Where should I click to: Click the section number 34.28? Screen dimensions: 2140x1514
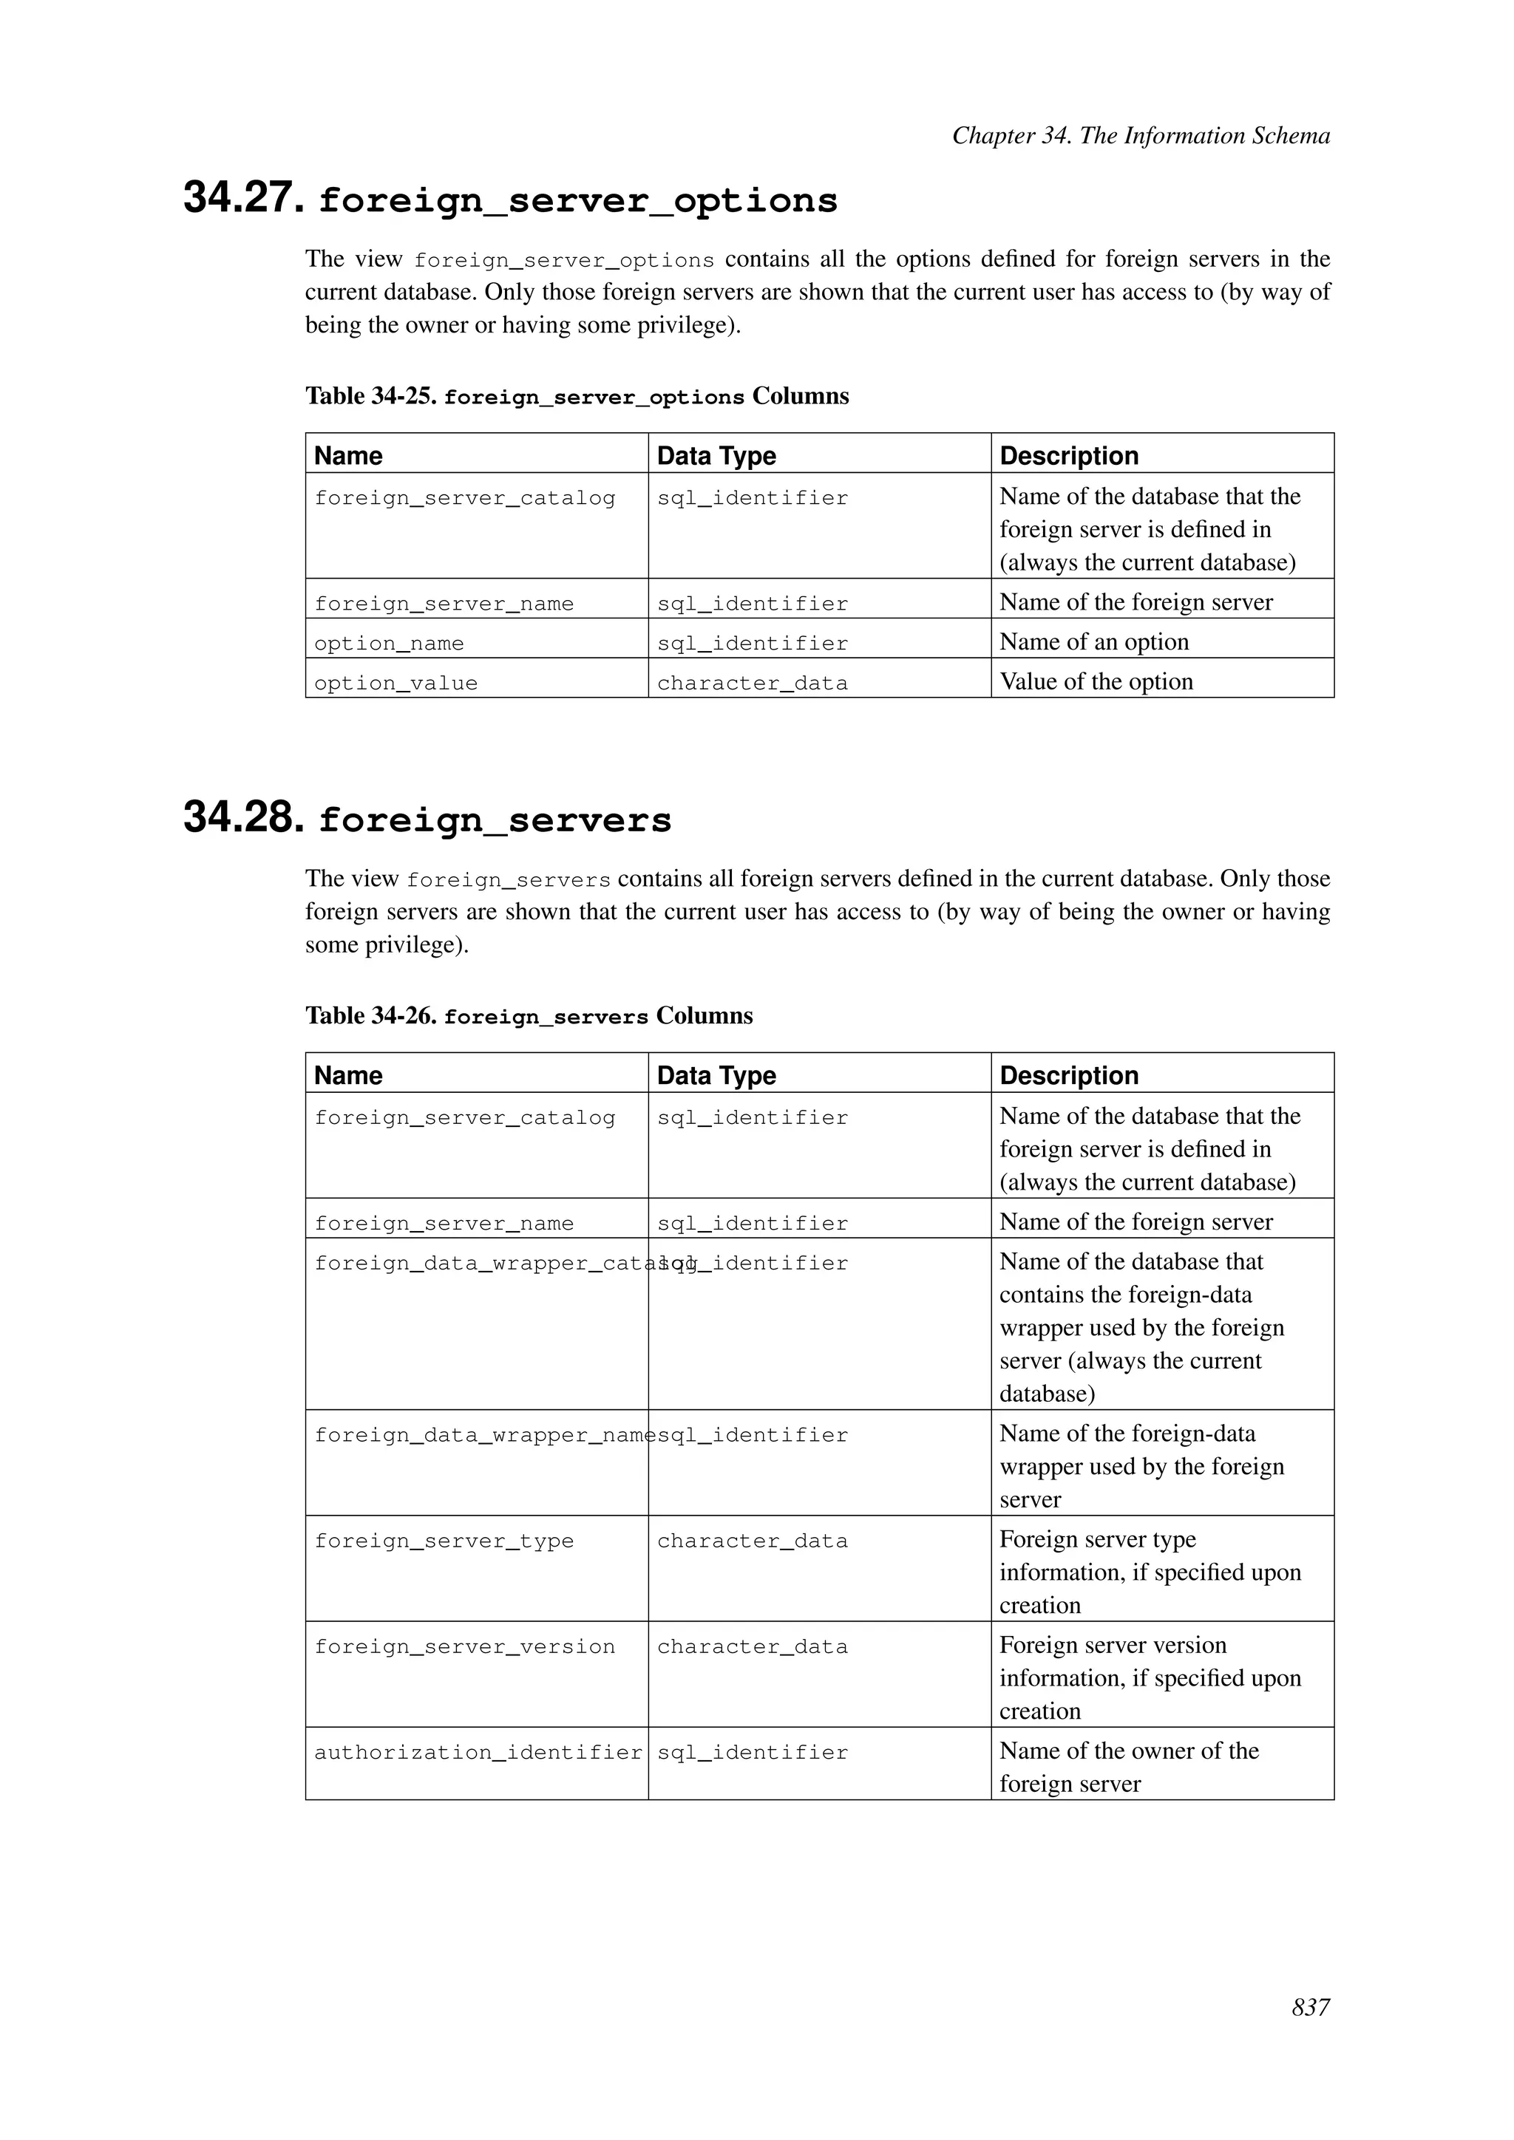[x=243, y=818]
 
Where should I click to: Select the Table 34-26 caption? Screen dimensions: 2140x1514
[x=529, y=1016]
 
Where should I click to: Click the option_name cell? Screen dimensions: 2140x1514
[x=389, y=643]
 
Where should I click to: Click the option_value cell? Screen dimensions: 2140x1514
[x=396, y=684]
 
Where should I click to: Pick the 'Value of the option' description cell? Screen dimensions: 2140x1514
[x=1096, y=681]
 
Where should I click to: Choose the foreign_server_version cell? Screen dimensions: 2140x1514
[x=464, y=1647]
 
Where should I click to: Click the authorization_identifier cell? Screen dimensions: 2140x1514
[x=478, y=1752]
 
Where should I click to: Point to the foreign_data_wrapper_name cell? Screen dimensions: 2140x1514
[x=480, y=1435]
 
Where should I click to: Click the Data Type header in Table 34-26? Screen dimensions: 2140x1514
[x=716, y=1076]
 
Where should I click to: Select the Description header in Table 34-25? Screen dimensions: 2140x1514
[x=1068, y=456]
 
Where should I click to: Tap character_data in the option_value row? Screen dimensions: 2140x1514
[x=753, y=684]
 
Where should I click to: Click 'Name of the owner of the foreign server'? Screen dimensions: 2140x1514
[x=1128, y=1766]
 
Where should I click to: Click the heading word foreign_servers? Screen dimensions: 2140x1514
[x=495, y=821]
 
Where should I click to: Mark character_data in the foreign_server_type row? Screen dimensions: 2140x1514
[x=753, y=1541]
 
